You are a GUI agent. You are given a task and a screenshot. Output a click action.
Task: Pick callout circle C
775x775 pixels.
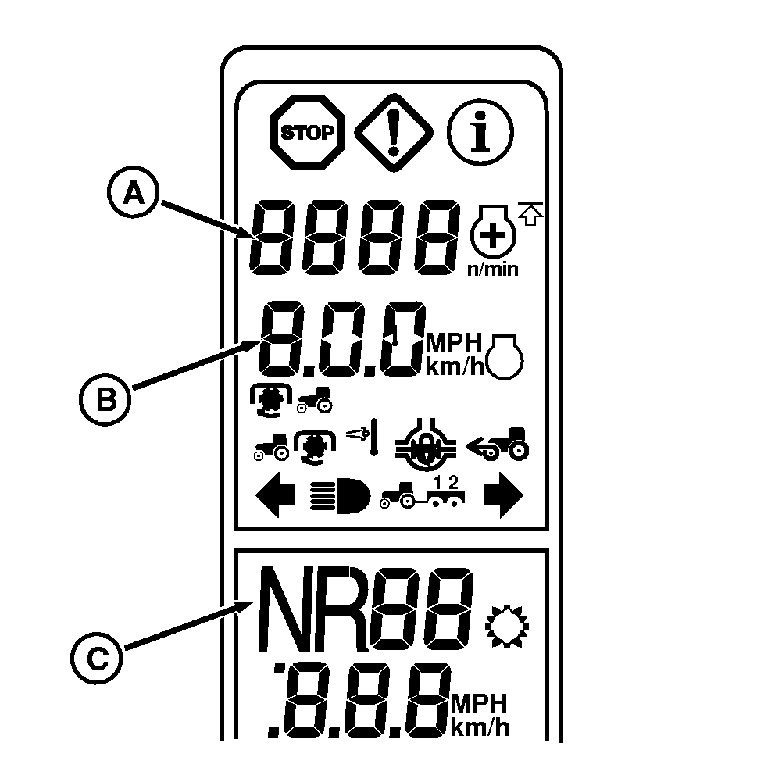click(98, 660)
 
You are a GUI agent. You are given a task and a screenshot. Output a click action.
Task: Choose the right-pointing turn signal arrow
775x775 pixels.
click(502, 498)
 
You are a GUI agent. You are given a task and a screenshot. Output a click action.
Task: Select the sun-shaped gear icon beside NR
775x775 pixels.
click(507, 622)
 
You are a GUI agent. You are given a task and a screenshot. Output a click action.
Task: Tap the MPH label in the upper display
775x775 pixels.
click(455, 343)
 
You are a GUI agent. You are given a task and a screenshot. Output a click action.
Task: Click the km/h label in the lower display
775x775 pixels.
click(480, 728)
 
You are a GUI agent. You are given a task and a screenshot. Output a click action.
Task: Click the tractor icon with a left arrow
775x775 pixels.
click(497, 445)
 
